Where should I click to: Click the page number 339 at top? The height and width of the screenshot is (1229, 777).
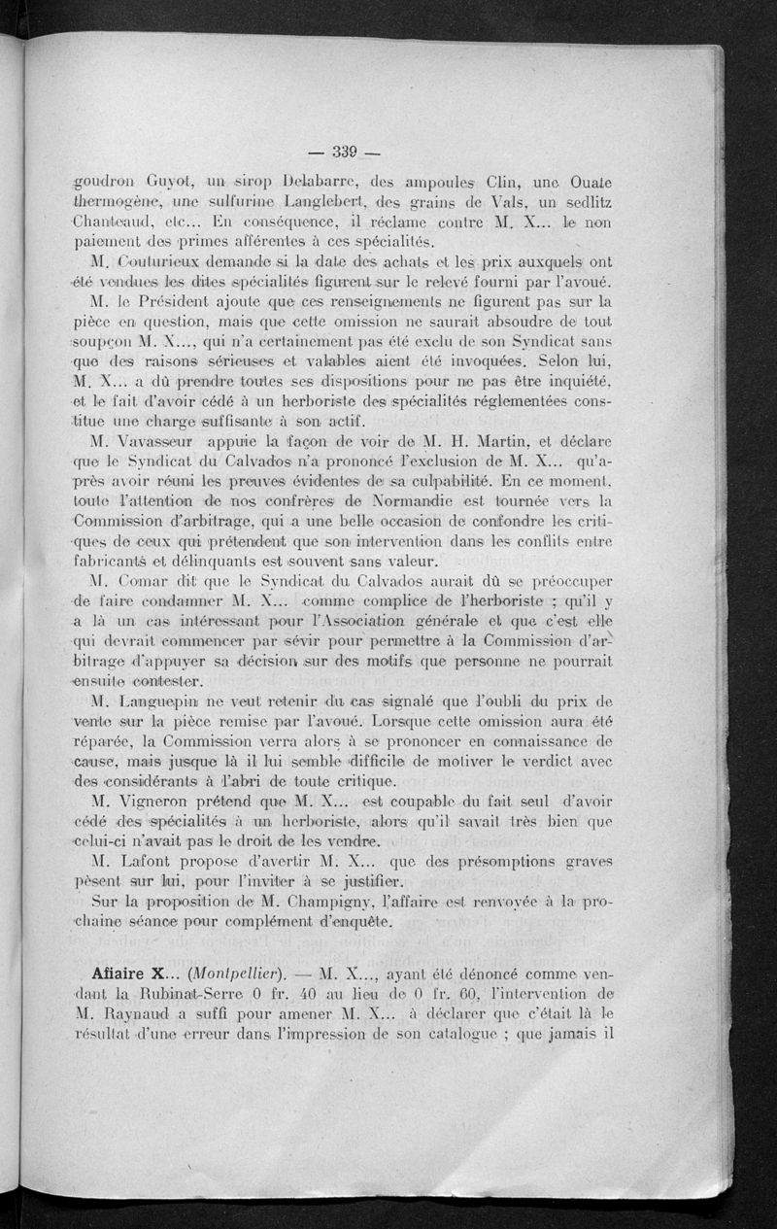345,151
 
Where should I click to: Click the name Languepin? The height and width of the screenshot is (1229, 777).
165,700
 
